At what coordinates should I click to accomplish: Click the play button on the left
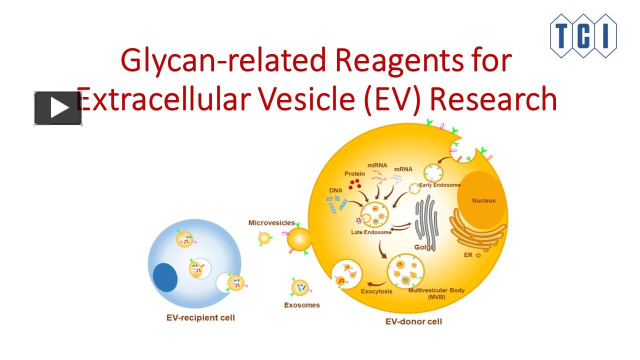tap(58, 108)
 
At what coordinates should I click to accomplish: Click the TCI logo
tap(583, 35)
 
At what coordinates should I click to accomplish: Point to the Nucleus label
tap(483, 200)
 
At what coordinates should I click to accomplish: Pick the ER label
tap(468, 255)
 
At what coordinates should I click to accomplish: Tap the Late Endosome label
tap(371, 232)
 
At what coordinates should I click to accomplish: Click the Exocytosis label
tap(376, 291)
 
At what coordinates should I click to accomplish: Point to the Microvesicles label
tap(271, 222)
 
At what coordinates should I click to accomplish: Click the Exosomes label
tap(301, 305)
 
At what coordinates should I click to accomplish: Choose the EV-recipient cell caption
tap(200, 317)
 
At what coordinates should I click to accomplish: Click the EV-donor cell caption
tap(413, 321)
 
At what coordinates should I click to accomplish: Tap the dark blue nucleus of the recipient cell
tap(165, 277)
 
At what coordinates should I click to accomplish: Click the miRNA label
tap(377, 165)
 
